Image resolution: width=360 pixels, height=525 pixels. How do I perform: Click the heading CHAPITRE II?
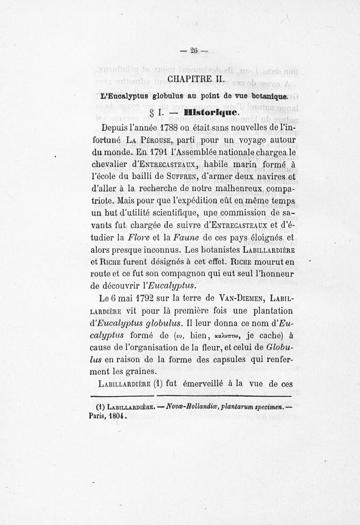(193, 80)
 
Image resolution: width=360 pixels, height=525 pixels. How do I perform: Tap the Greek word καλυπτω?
(233, 335)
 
